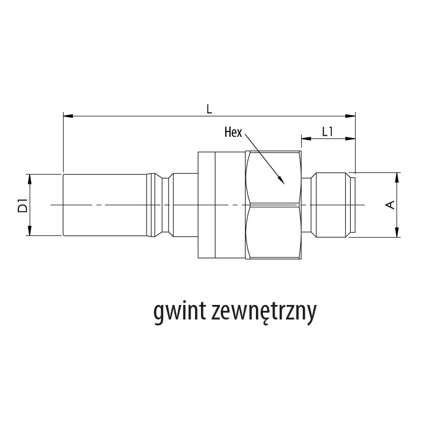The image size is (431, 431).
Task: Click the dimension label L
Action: click(209, 108)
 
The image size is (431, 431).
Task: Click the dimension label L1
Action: click(328, 131)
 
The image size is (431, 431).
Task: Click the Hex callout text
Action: click(233, 132)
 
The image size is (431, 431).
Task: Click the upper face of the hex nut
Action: click(273, 177)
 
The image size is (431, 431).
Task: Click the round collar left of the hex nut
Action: click(206, 205)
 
